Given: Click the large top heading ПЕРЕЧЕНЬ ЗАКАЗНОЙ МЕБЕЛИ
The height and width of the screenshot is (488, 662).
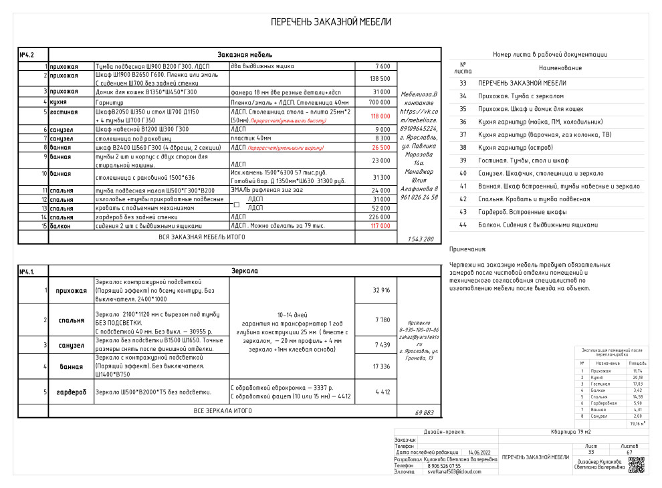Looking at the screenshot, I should (x=330, y=22).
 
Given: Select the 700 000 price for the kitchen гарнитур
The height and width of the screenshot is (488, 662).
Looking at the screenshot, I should (x=380, y=103).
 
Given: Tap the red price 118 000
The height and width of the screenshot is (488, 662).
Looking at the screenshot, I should (x=380, y=116).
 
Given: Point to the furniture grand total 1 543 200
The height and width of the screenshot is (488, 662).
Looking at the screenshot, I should (x=420, y=239).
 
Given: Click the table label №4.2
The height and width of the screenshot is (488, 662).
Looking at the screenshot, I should (x=27, y=54).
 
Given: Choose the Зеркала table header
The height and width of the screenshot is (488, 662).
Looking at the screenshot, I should (x=244, y=271).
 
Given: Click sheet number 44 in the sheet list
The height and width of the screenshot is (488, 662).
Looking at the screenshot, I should (x=463, y=225).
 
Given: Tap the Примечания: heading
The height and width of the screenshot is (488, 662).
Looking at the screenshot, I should (x=468, y=249).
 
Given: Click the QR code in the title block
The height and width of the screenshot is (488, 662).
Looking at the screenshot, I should (x=636, y=465).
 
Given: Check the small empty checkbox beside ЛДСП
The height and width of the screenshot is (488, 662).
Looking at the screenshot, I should (x=236, y=204).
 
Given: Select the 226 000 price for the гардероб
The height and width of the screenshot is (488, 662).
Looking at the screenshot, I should (x=380, y=217).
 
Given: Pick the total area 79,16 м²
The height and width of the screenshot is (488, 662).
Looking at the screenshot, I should (x=638, y=423).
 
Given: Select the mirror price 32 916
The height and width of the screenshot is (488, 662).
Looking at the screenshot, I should (x=380, y=290).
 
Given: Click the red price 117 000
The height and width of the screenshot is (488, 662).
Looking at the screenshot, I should (x=380, y=226).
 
